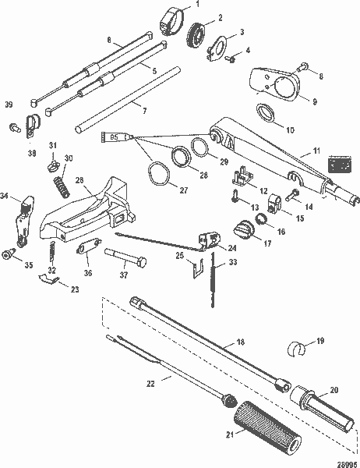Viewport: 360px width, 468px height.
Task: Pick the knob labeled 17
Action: (x=244, y=230)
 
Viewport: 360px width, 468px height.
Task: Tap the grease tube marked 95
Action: (x=116, y=138)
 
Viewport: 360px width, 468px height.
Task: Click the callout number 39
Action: (x=9, y=104)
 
